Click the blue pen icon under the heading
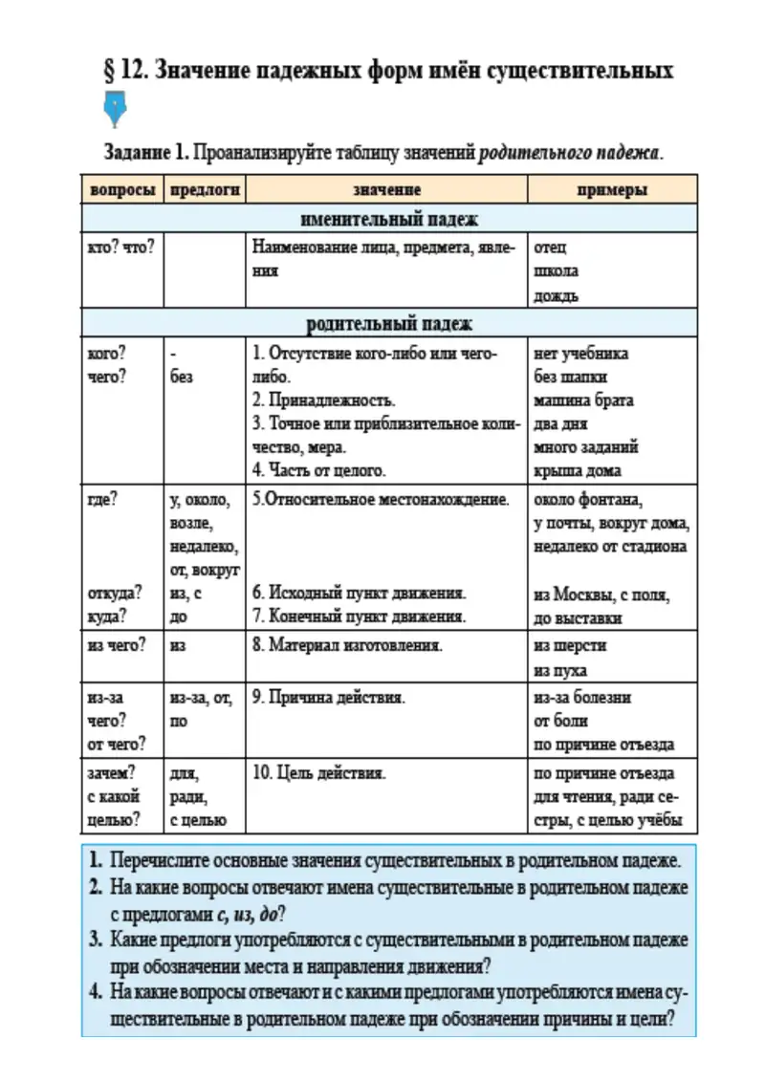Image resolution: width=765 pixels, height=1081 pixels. [115, 110]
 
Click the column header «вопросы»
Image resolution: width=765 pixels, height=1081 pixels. [122, 190]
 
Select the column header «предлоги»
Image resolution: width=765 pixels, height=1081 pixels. [204, 190]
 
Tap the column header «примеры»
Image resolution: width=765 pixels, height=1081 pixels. [612, 190]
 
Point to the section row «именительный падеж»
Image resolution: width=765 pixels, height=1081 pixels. [389, 219]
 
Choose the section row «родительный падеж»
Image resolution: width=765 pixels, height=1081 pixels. [389, 324]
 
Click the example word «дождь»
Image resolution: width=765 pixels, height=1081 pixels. [556, 296]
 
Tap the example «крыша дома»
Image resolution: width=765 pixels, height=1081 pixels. [578, 470]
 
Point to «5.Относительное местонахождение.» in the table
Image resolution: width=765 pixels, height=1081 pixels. [381, 500]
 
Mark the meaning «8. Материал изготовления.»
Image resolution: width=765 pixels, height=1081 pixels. [347, 645]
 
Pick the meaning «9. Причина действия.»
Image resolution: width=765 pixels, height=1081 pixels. [329, 698]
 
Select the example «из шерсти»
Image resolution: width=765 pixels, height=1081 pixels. [570, 645]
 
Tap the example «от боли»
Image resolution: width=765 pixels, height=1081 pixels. [560, 722]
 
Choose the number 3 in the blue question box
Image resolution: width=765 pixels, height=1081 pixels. [96, 940]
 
